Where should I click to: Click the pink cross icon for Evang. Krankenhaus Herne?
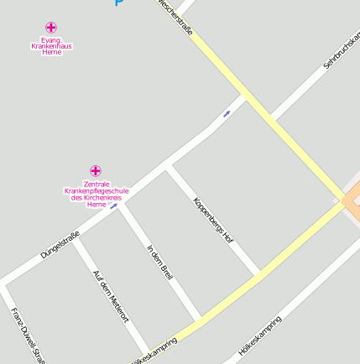(51, 27)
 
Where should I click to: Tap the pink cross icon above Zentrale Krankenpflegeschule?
(96, 171)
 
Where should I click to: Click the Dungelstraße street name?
(60, 243)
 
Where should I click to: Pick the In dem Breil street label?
(159, 263)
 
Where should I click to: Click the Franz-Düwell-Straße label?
(28, 335)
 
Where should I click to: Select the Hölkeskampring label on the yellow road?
(155, 351)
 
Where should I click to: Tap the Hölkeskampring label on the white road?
(259, 335)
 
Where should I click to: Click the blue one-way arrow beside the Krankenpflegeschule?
(113, 205)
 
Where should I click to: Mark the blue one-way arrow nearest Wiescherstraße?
(226, 113)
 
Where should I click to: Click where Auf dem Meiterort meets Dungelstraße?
(76, 240)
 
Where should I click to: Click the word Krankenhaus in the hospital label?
(51, 45)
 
